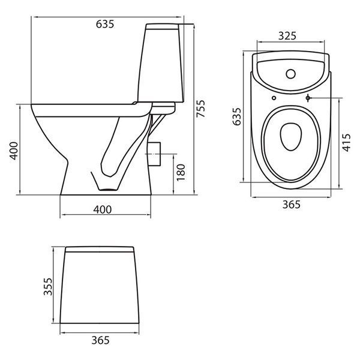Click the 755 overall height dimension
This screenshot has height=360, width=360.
(200, 109)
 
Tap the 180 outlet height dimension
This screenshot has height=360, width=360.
(181, 172)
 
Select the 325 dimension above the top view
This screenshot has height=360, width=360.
(287, 36)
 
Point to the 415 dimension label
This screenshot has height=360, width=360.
(346, 143)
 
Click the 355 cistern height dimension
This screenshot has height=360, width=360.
(48, 287)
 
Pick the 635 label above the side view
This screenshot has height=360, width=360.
(105, 24)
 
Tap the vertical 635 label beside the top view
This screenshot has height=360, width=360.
(237, 116)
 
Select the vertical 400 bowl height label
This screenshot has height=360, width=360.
(14, 151)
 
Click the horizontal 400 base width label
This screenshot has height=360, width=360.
(103, 209)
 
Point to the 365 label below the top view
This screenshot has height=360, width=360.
(292, 205)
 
